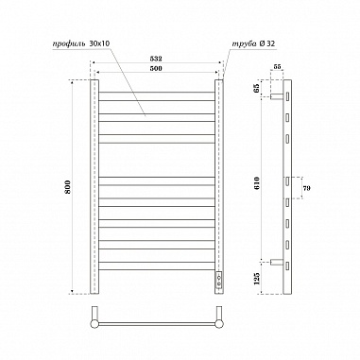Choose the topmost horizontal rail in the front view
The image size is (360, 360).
157,93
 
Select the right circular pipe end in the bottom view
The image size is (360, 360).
219,323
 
